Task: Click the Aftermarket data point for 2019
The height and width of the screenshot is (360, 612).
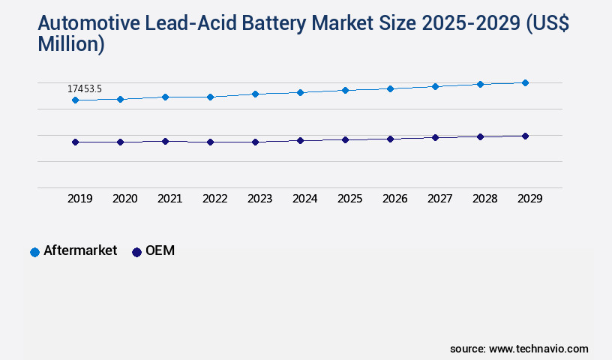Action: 75,100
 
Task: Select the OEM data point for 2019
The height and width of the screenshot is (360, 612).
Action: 75,142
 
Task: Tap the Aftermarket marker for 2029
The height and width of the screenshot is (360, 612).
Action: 525,82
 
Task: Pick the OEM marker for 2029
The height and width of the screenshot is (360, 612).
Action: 525,136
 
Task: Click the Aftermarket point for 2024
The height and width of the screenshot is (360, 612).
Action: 300,92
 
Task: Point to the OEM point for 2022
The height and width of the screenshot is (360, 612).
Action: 210,142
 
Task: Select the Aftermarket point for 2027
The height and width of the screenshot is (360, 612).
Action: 435,86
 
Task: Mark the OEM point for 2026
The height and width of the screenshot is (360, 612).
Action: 390,139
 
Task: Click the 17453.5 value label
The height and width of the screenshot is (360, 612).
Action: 85,88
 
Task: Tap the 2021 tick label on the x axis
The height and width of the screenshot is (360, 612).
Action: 169,199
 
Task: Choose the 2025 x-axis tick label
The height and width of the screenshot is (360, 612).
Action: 349,199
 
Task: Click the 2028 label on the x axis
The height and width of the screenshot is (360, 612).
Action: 484,199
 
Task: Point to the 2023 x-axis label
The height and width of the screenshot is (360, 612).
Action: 259,199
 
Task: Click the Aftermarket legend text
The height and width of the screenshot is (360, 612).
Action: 80,250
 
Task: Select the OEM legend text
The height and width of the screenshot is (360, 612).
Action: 160,250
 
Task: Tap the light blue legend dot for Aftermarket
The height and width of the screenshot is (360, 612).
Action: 34,252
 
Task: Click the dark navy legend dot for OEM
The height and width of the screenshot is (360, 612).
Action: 136,252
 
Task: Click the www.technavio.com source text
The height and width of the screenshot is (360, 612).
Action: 538,349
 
